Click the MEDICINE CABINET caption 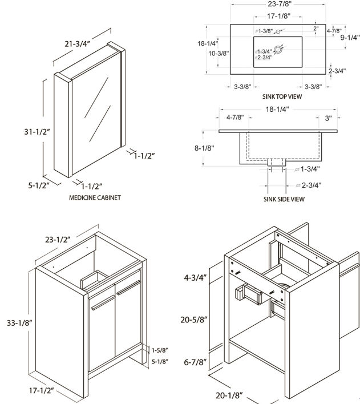point(95,197)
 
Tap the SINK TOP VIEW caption point(282,96)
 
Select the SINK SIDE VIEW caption point(284,199)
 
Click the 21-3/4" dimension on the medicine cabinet point(78,44)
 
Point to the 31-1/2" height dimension point(37,132)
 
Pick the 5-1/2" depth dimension point(39,185)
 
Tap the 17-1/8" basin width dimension point(278,16)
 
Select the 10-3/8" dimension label point(219,53)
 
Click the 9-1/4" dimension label point(350,38)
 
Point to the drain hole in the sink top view point(278,49)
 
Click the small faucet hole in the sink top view point(278,32)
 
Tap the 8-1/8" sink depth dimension point(204,148)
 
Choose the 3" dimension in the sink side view point(328,118)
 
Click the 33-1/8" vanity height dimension point(19,323)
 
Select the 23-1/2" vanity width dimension point(58,240)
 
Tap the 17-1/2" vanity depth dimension point(42,391)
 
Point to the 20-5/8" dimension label point(194,320)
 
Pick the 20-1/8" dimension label point(229,395)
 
